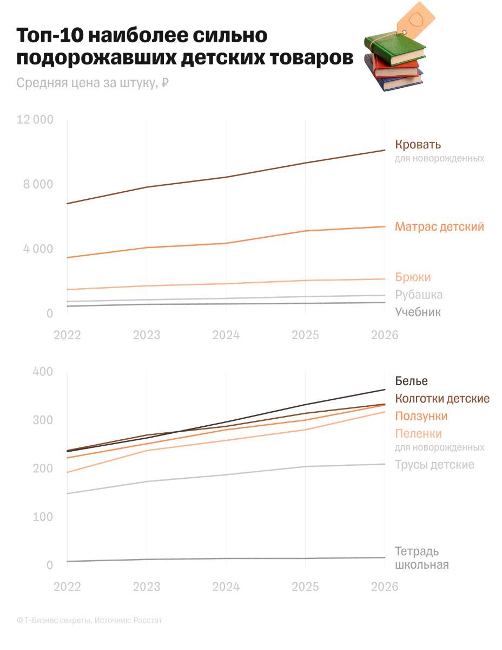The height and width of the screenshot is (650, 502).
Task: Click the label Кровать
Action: pos(418,145)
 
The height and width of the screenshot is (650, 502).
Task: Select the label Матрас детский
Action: pos(439,226)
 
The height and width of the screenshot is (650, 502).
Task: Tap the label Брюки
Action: pos(413,277)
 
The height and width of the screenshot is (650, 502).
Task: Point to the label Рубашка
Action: pos(419,295)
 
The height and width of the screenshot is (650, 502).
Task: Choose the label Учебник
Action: pos(418,312)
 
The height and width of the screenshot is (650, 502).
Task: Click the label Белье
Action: pos(411,381)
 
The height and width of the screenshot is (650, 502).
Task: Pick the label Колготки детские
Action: pos(442,399)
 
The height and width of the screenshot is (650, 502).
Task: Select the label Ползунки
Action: pos(421,416)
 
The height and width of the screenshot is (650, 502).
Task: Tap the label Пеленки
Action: pos(418,433)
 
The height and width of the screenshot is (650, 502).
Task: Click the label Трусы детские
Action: pos(434,465)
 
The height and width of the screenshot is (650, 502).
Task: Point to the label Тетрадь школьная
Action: pos(421,558)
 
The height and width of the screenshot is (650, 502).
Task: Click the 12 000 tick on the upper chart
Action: pos(35,120)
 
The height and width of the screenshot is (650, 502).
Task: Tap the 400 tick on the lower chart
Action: pos(43,372)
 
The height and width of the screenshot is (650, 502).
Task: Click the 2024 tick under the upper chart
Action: pos(226,335)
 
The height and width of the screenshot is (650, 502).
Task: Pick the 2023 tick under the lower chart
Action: pos(147,587)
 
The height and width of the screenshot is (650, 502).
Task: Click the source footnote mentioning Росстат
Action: pos(89,620)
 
